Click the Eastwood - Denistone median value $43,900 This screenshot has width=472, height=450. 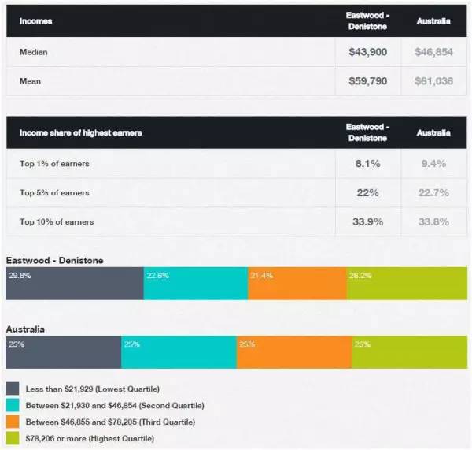(367, 51)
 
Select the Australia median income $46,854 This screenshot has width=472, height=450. (433, 51)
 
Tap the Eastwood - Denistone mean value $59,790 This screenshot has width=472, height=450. (367, 81)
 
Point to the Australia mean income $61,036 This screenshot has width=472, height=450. (433, 81)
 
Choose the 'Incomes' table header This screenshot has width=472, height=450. (36, 21)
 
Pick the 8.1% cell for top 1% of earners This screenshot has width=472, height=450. (367, 164)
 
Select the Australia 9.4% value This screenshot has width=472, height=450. (433, 164)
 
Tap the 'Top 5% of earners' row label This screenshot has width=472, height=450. (54, 193)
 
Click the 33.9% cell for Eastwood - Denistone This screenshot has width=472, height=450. (367, 221)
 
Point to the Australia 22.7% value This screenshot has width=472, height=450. (433, 193)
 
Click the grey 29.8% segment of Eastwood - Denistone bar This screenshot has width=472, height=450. (75, 283)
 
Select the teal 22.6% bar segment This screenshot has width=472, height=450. (195, 283)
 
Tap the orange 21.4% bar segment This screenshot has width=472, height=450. (297, 283)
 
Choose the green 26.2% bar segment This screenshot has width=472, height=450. (406, 283)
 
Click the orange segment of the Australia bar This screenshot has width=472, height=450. (293, 352)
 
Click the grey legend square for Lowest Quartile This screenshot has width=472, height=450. (13, 389)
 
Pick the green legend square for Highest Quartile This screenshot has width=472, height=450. (13, 437)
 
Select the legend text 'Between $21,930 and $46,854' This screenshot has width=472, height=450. (115, 405)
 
